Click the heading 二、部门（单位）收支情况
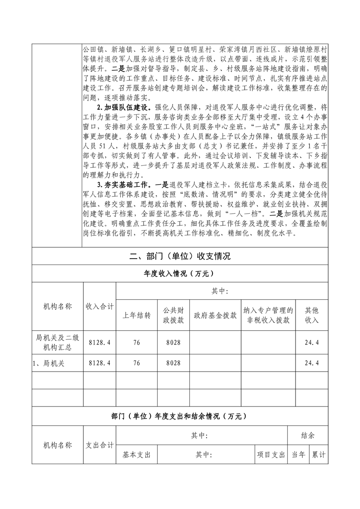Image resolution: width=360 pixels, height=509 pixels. (180, 256)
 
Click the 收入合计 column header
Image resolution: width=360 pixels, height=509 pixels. (99, 307)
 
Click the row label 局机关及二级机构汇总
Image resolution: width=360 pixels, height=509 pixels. (57, 343)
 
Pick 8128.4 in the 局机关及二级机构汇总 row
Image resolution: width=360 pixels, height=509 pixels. (99, 343)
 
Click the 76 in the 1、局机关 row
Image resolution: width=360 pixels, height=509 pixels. (137, 363)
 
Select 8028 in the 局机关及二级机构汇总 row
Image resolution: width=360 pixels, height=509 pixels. (173, 343)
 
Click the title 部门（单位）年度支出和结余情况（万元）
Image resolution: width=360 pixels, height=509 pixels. (180, 416)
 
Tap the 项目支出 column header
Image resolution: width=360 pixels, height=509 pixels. (271, 454)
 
